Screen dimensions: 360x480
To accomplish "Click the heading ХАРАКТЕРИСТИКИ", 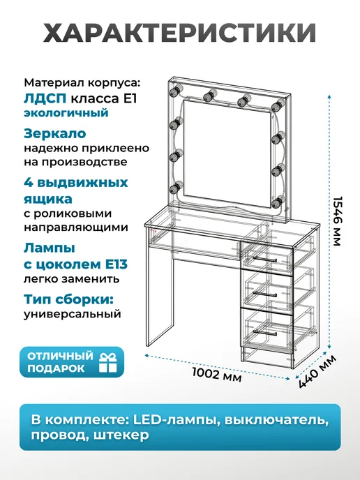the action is click(x=180, y=32).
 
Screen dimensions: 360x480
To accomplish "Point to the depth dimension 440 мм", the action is click(x=317, y=371).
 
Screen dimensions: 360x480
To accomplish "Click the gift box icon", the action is click(x=107, y=363).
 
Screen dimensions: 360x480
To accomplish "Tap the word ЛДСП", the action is click(x=45, y=98).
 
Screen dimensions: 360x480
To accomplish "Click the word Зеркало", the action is click(x=55, y=133).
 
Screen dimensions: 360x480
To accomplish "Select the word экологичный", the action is click(x=66, y=112).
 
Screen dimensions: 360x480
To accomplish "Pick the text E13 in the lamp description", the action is click(x=116, y=264).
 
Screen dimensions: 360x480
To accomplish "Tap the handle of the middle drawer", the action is click(x=265, y=294).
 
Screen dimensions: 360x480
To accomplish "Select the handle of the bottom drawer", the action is click(x=265, y=333).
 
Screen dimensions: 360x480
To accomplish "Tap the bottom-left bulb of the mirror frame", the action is click(x=176, y=188).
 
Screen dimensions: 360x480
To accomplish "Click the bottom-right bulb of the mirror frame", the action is click(x=277, y=202).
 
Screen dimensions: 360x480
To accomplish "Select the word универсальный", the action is click(x=73, y=315).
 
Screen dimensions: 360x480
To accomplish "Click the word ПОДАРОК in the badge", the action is click(x=56, y=368).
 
